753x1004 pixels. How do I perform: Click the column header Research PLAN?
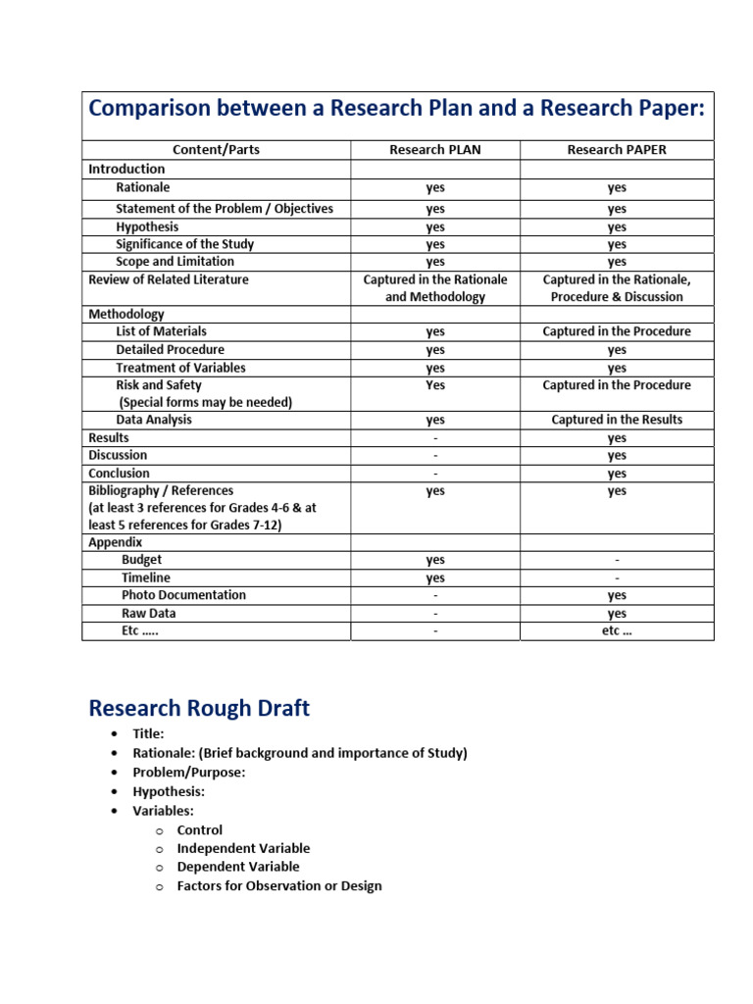coord(435,150)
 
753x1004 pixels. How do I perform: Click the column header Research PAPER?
coord(617,150)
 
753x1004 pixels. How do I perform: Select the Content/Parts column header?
coord(217,150)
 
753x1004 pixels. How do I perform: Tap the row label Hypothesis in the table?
coord(147,226)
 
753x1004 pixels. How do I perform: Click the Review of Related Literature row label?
coord(169,279)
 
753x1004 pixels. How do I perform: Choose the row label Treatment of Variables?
coord(180,368)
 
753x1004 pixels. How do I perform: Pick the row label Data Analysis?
coord(154,420)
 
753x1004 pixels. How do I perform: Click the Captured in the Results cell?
coord(617,420)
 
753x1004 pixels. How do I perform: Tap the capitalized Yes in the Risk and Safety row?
coord(435,385)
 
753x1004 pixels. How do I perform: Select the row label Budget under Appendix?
coord(142,560)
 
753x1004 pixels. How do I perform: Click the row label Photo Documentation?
coord(183,595)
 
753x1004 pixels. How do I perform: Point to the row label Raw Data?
coord(149,613)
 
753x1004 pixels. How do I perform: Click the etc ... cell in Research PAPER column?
coord(617,631)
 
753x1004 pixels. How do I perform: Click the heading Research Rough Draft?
coord(199,708)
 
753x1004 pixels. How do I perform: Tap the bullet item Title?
coord(150,734)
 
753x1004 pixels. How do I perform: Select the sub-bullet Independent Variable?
coord(243,848)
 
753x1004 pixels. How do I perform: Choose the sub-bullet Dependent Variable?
coord(238,867)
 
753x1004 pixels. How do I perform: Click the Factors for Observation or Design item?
coord(279,885)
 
